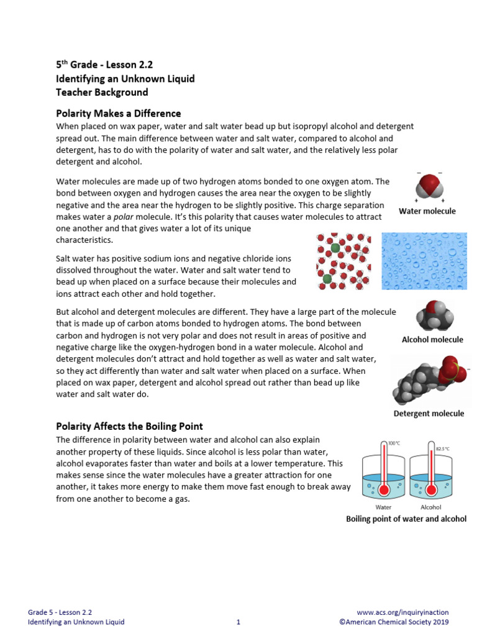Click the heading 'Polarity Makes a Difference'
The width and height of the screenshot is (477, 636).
[118, 114]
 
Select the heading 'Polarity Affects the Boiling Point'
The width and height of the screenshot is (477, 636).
[129, 427]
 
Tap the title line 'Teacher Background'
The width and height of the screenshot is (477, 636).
[102, 93]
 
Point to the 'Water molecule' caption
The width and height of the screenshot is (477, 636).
[427, 211]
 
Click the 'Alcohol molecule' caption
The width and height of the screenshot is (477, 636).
[432, 340]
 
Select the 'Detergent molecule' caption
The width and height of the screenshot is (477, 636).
[429, 414]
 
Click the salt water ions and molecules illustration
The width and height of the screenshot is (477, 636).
[343, 261]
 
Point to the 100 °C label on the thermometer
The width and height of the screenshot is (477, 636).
[394, 443]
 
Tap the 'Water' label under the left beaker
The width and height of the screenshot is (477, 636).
[383, 507]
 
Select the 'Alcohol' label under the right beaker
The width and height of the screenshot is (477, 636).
[431, 507]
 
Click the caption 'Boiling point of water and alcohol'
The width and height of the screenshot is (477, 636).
[406, 519]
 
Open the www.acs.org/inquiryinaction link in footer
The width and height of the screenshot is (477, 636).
[403, 612]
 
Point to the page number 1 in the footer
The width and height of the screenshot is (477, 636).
[238, 622]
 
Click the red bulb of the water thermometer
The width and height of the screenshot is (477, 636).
[384, 490]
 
